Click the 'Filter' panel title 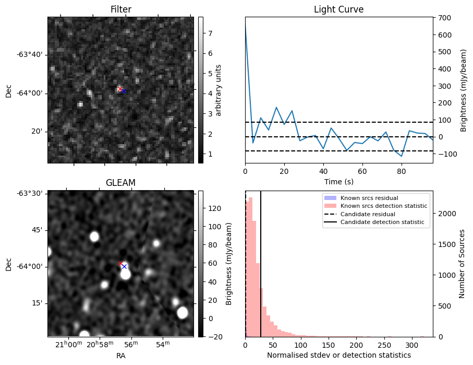tap(120, 9)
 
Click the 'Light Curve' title tap(338, 9)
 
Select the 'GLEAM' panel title tap(120, 183)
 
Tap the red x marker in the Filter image tap(120, 89)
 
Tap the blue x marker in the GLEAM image tap(124, 266)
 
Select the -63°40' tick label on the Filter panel tap(29, 55)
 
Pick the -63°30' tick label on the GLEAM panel tap(29, 193)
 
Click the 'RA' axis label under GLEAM tap(120, 356)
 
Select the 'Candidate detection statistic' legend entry tap(382, 222)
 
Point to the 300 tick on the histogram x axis tap(411, 345)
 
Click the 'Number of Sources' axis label tap(462, 264)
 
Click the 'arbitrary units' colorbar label tap(219, 90)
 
